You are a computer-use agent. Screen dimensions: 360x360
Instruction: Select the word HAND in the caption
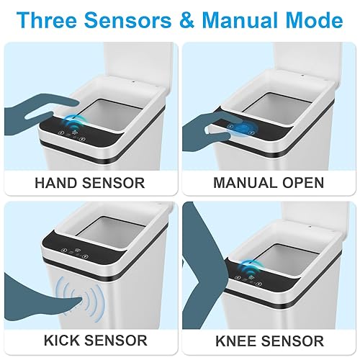(58, 182)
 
